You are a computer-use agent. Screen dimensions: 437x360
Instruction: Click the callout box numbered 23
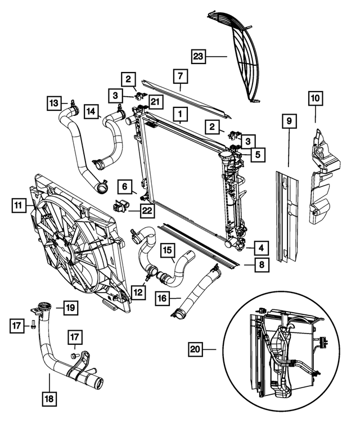tap(199, 56)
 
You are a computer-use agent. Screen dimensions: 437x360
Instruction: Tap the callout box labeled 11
tap(19, 206)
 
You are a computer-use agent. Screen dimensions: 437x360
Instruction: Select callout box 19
tap(69, 308)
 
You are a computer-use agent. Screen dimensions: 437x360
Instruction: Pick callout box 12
tap(137, 292)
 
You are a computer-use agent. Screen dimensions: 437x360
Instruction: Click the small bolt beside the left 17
tap(33, 325)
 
